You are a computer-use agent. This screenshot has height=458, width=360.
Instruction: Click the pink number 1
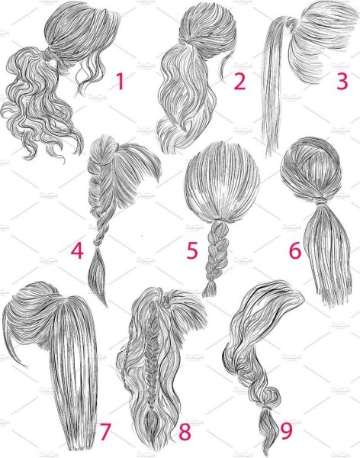[120, 81]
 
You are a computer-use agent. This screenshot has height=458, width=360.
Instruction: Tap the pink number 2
[239, 81]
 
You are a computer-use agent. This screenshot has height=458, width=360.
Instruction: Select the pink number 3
[342, 81]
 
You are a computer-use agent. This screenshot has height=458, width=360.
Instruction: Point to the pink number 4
[77, 250]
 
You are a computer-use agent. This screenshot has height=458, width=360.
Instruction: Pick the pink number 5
[192, 250]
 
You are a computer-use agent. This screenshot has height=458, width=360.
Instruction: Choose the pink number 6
[295, 250]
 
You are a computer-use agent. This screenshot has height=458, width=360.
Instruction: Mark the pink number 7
[105, 432]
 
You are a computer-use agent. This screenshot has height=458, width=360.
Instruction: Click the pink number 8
[185, 432]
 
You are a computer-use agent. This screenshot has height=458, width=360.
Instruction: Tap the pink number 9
[287, 432]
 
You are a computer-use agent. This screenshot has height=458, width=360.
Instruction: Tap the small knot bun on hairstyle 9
[272, 396]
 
